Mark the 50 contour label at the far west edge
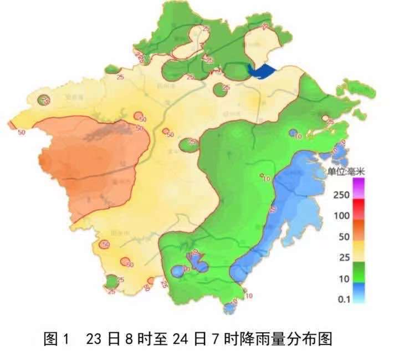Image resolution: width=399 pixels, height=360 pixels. click(22, 132)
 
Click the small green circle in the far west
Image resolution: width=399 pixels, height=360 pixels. click(44, 100)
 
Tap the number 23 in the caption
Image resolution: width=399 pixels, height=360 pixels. click(94, 339)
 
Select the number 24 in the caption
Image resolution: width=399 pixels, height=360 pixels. click(180, 339)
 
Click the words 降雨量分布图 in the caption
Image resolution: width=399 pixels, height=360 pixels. click(289, 339)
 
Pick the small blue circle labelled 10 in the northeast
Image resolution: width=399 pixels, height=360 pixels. click(293, 133)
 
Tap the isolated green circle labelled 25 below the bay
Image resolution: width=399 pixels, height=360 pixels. click(221, 88)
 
